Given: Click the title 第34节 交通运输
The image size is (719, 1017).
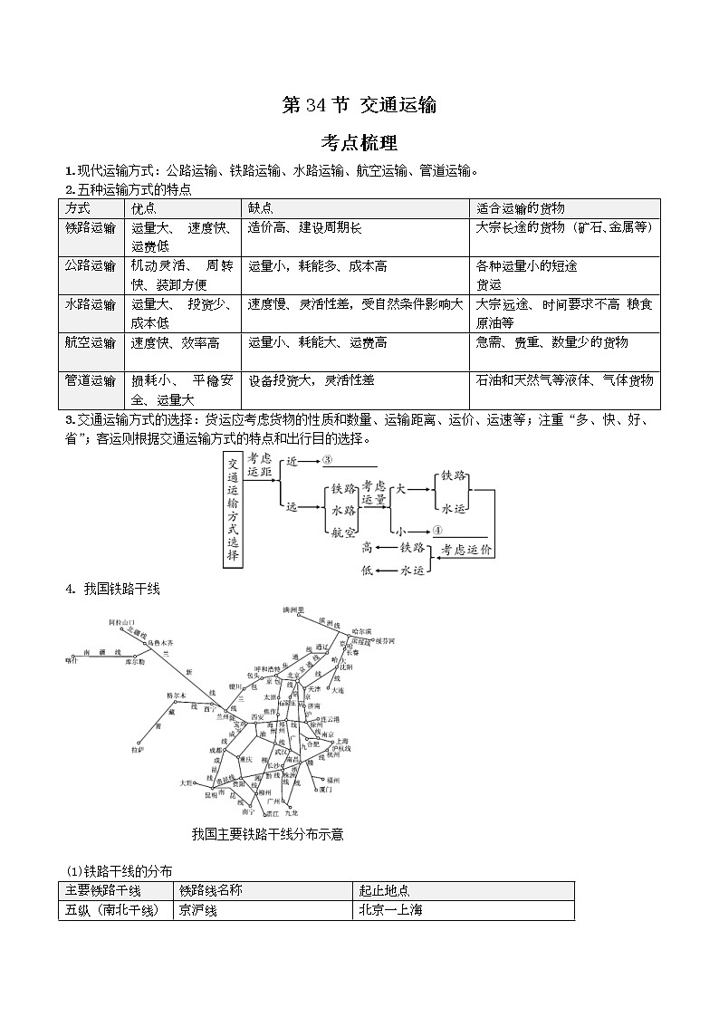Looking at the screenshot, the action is point(359,105).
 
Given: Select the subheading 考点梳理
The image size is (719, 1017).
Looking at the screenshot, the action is point(359,143).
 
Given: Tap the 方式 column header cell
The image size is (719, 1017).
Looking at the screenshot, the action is point(79,208).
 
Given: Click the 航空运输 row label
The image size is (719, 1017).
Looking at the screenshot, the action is point(91,342).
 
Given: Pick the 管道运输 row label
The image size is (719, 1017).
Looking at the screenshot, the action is point(91,380).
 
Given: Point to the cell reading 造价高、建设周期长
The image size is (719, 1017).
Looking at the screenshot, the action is point(305,227).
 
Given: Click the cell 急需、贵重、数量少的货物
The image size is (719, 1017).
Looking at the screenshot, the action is point(551,342).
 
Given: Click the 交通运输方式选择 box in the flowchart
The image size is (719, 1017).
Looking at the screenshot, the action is point(233,511).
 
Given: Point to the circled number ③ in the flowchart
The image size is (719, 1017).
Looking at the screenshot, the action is point(328,461).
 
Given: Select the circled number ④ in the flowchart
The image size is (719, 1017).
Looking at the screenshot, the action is point(437,531).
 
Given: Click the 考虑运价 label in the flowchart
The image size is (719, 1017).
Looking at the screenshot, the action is point(466,550).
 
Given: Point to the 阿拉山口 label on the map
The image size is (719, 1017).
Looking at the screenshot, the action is point(122,623).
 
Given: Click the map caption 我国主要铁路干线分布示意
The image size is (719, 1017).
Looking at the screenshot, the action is point(268,834).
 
